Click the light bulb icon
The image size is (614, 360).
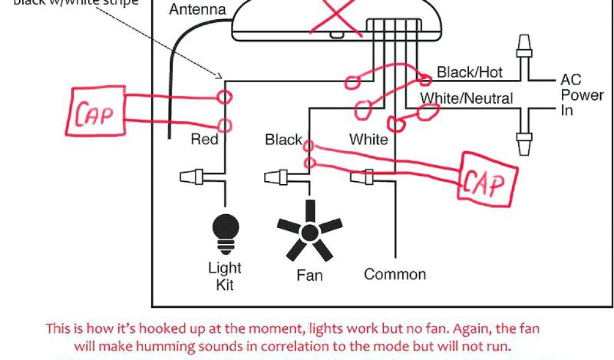[x=225, y=232]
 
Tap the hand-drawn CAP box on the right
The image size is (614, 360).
[x=487, y=177]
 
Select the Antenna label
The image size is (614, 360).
[x=197, y=10]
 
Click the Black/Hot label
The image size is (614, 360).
[x=469, y=73]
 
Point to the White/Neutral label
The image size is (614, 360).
[x=466, y=98]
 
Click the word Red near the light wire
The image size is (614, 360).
[x=204, y=139]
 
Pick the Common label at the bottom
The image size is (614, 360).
[x=395, y=274]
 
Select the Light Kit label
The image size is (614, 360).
[x=225, y=275]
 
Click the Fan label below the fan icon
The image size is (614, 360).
[x=309, y=275]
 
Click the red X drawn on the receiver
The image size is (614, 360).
[x=336, y=13]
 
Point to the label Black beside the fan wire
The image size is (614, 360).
[x=283, y=140]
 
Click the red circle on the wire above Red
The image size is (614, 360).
[x=225, y=97]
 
